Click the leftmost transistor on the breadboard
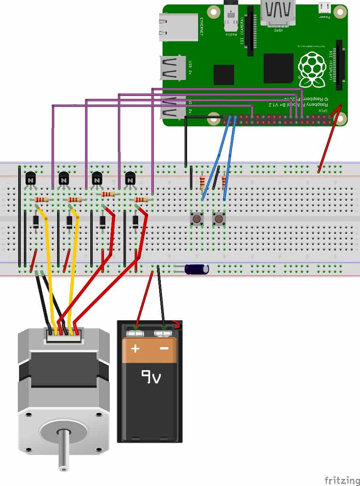point(31,178)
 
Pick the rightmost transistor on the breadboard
point(130,178)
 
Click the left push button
point(197,219)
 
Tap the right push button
point(219,219)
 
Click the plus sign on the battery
point(135,348)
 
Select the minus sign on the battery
point(164,348)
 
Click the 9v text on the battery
point(151,377)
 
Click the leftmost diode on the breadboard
point(36,222)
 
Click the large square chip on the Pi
point(278,68)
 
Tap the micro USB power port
point(324,8)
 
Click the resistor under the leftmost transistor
point(42,200)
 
